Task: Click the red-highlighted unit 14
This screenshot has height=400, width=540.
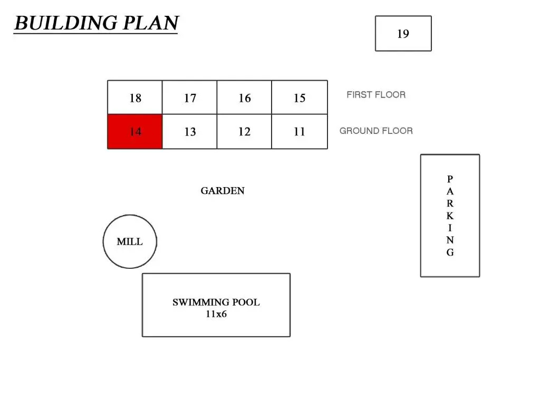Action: click(x=134, y=132)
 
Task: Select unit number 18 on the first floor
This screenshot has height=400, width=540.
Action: click(x=134, y=97)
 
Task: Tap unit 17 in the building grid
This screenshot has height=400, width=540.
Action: click(x=189, y=97)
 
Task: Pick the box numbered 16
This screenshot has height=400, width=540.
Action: click(x=244, y=97)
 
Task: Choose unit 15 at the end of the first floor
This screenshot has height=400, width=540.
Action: click(x=300, y=97)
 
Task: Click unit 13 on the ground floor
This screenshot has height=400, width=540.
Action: click(x=189, y=132)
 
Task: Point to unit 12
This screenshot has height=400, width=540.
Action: click(x=244, y=132)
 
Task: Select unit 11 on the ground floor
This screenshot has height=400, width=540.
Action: click(x=300, y=132)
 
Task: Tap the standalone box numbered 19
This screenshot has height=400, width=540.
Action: click(x=403, y=33)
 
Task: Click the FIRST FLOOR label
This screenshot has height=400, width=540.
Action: click(x=376, y=95)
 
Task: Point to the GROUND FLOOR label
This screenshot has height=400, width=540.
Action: click(x=376, y=131)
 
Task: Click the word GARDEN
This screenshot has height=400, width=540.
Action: click(x=223, y=191)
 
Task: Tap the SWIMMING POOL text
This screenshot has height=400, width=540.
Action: click(x=216, y=302)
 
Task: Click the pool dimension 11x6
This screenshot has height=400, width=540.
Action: click(x=216, y=314)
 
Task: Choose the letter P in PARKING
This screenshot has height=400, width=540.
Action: click(x=450, y=179)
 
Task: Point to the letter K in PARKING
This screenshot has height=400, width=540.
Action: click(x=450, y=216)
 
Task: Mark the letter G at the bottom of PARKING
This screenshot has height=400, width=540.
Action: click(x=450, y=252)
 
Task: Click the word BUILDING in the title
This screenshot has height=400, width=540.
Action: click(x=66, y=23)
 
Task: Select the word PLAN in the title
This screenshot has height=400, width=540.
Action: click(x=150, y=23)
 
